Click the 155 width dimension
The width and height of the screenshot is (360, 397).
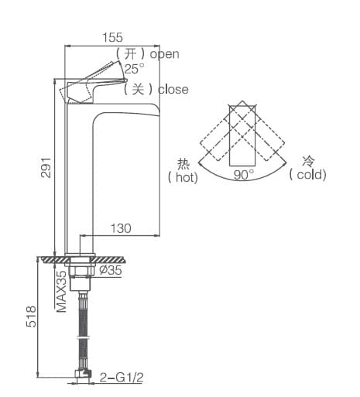tap(113, 37)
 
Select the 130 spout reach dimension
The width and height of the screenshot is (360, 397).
tap(120, 228)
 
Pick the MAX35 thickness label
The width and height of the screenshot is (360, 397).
tap(60, 290)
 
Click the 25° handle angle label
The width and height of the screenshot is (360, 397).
tap(134, 68)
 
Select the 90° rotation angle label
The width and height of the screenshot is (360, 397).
tap(244, 175)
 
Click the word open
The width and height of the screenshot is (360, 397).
tap(164, 53)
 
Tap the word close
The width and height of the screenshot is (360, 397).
tap(173, 89)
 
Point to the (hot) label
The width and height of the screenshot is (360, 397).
tap(183, 177)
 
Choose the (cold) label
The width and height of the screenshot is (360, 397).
tap(308, 175)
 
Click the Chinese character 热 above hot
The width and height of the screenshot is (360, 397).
tap(183, 163)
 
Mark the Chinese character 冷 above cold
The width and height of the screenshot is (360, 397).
tap(308, 161)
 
